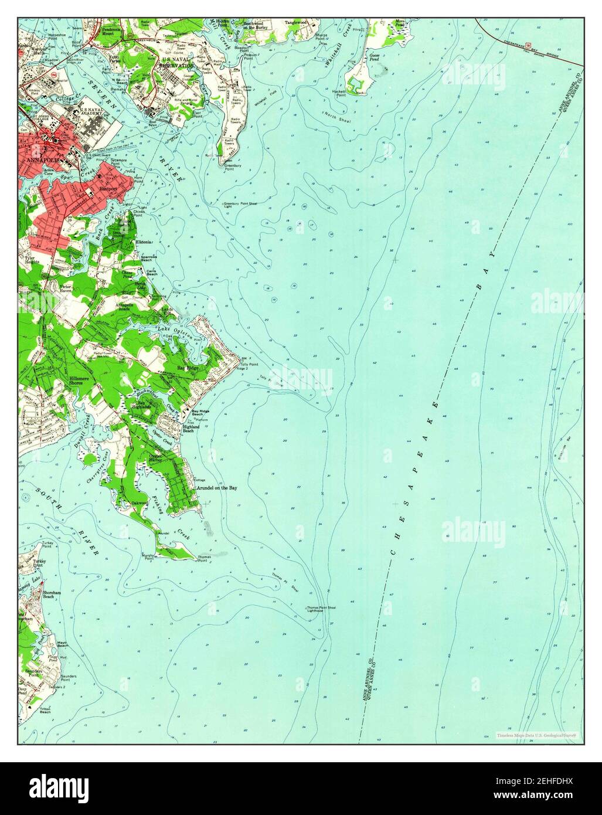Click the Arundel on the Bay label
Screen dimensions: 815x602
(217, 487)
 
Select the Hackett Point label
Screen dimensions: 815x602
(339, 93)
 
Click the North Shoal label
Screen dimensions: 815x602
(336, 116)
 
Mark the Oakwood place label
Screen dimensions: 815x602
(139, 502)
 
